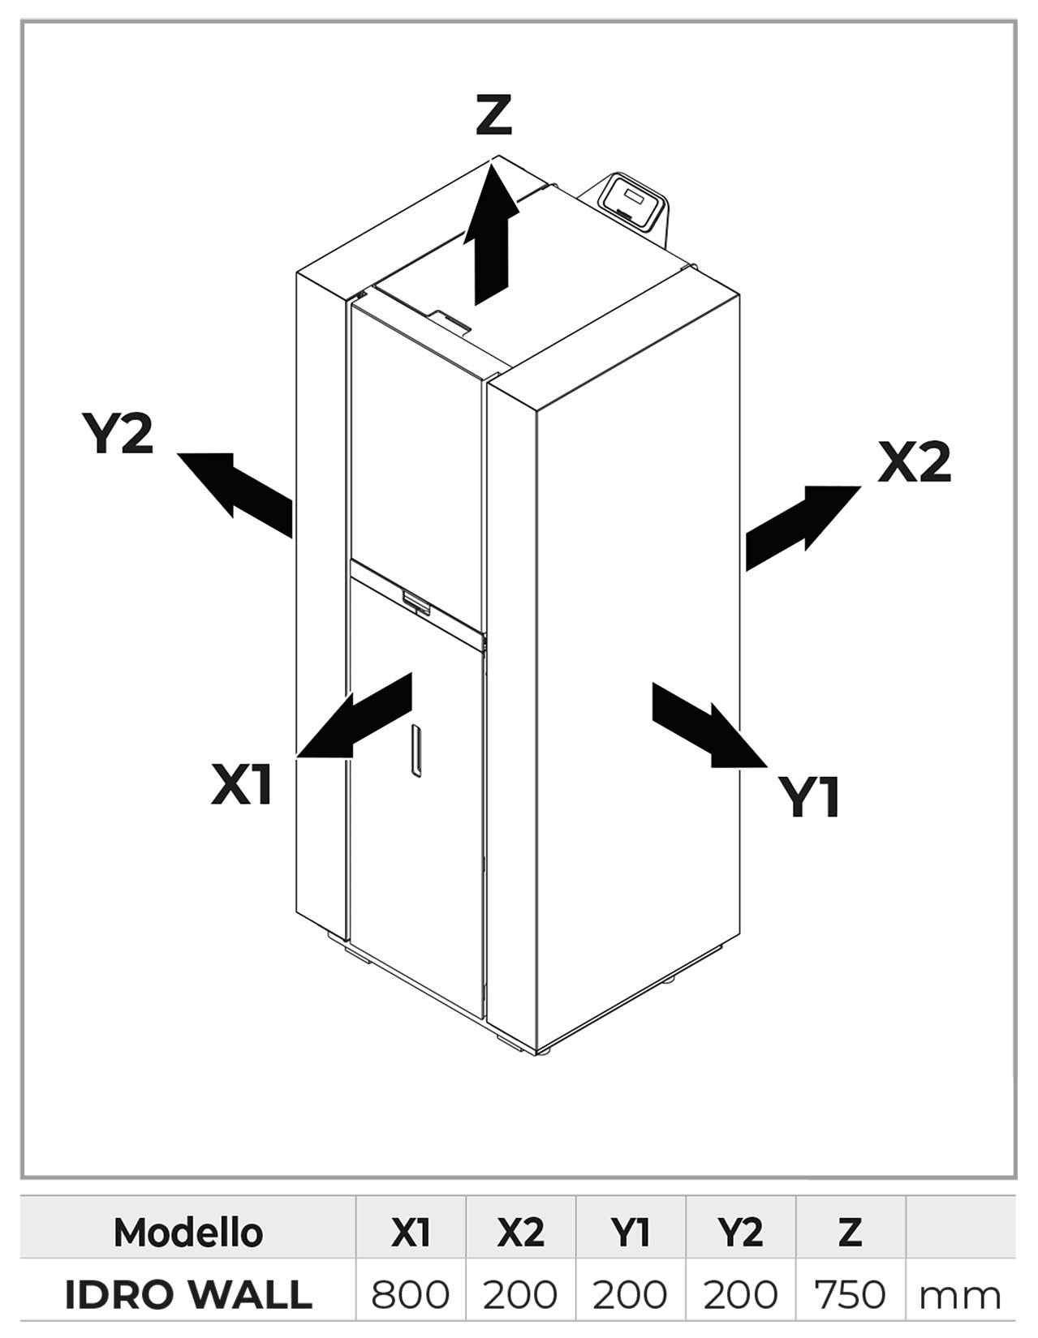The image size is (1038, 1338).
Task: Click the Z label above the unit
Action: [493, 115]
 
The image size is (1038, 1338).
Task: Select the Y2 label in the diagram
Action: [118, 433]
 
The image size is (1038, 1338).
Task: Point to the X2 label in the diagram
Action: [914, 463]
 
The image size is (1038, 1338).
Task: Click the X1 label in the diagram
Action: [241, 785]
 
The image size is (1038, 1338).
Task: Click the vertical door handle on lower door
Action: [416, 751]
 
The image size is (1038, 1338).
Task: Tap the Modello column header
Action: [188, 1233]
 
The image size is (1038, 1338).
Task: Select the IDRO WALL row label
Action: [188, 1294]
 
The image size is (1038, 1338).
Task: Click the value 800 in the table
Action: [410, 1295]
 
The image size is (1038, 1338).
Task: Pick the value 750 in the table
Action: [850, 1295]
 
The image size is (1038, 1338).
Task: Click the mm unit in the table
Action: [959, 1297]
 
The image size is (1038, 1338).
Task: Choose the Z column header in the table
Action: [850, 1233]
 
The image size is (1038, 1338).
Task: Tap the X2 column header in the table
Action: [520, 1233]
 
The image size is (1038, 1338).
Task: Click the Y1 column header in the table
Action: [630, 1233]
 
